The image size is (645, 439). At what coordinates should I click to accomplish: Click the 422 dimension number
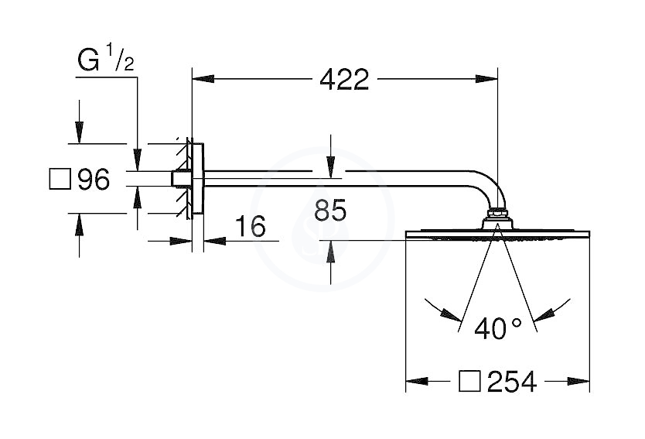pyautogui.click(x=344, y=80)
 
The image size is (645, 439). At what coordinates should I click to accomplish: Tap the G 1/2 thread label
pyautogui.click(x=106, y=59)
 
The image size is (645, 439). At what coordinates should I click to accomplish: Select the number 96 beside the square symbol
pyautogui.click(x=94, y=179)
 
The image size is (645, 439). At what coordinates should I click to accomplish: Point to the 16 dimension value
pyautogui.click(x=251, y=226)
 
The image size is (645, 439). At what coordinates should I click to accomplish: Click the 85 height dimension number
pyautogui.click(x=330, y=210)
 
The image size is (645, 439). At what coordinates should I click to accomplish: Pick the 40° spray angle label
pyautogui.click(x=498, y=328)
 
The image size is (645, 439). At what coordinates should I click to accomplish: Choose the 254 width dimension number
pyautogui.click(x=512, y=381)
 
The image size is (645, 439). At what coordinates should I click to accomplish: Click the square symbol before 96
pyautogui.click(x=60, y=179)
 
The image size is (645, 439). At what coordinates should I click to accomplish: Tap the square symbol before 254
pyautogui.click(x=469, y=380)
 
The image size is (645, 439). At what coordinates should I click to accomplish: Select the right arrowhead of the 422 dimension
pyautogui.click(x=486, y=79)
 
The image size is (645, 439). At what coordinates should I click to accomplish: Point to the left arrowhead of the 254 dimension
pyautogui.click(x=417, y=381)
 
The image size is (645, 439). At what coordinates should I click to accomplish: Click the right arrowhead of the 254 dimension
pyautogui.click(x=578, y=381)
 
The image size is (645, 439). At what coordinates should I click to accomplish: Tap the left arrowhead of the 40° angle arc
pyautogui.click(x=450, y=314)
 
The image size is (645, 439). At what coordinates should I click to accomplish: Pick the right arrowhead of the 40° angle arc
pyautogui.click(x=544, y=314)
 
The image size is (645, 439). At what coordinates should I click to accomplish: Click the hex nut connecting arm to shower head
pyautogui.click(x=498, y=214)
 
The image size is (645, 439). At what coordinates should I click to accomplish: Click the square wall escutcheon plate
pyautogui.click(x=197, y=179)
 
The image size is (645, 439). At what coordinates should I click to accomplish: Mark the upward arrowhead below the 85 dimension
pyautogui.click(x=330, y=251)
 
